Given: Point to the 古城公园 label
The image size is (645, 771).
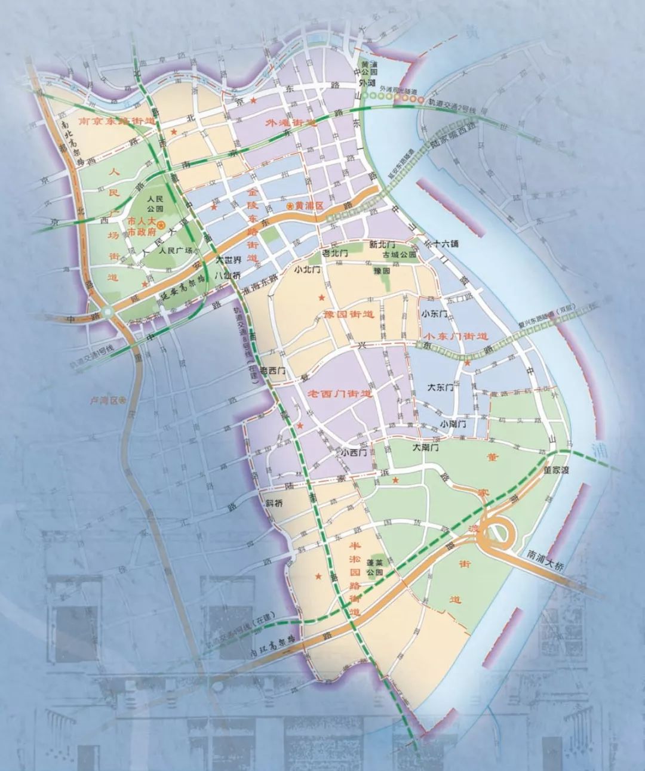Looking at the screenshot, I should [x=400, y=255].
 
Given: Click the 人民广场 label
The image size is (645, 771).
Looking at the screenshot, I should [x=177, y=251].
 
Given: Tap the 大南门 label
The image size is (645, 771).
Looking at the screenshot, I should [x=426, y=446].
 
